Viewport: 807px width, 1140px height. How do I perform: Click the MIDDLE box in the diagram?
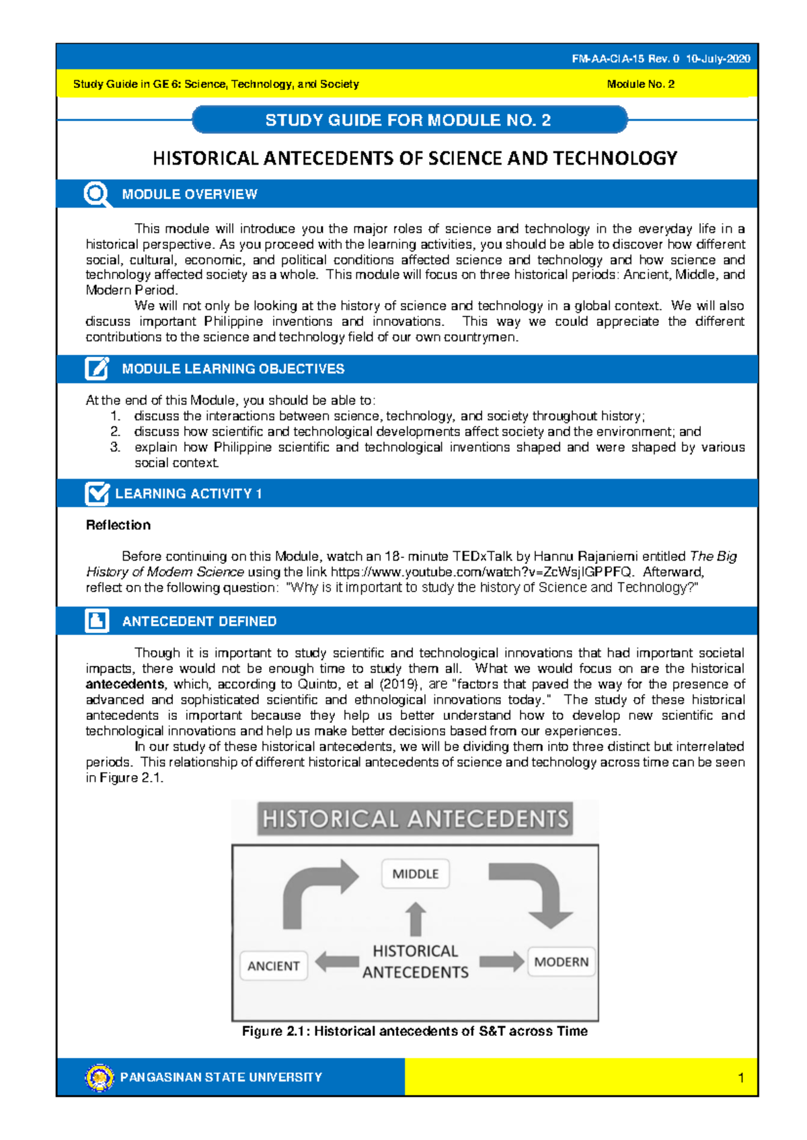point(415,874)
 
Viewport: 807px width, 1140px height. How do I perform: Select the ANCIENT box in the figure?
point(274,966)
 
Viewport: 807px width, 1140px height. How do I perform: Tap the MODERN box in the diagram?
point(561,962)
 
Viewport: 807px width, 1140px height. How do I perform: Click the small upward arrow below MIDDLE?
point(416,919)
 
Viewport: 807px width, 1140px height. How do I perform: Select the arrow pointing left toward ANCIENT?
point(336,962)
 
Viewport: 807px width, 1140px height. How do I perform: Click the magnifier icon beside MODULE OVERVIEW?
point(97,194)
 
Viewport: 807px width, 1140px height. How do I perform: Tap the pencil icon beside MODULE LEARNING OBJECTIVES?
point(97,369)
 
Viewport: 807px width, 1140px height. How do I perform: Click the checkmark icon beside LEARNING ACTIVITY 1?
point(97,493)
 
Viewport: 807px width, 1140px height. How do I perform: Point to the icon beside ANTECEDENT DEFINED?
point(97,621)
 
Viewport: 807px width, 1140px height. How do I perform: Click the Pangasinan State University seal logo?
point(100,1077)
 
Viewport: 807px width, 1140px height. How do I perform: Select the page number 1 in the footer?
point(740,1078)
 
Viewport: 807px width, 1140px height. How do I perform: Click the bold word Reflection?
point(118,525)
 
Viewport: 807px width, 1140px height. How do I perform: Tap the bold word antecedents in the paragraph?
point(125,684)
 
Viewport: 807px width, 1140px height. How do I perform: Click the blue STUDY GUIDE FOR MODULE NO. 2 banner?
point(409,120)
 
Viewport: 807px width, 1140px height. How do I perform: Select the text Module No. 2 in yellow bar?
point(640,84)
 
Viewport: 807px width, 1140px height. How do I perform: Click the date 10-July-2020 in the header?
point(718,58)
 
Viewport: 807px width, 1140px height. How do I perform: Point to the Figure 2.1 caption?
point(415,1031)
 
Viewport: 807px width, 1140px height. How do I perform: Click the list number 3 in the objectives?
point(115,447)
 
